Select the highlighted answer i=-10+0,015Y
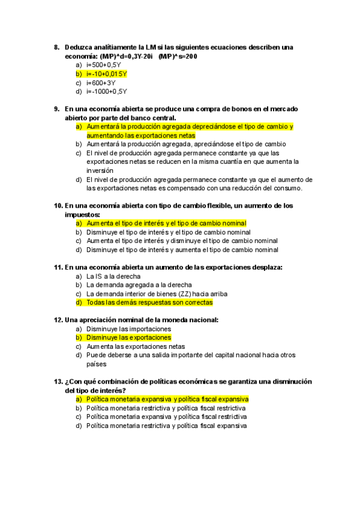(107, 74)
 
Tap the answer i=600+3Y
(101, 83)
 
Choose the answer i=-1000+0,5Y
(106, 91)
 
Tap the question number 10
(58, 205)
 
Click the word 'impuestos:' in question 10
(82, 214)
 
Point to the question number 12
(58, 320)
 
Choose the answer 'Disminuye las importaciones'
(128, 329)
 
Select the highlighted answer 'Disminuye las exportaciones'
(128, 338)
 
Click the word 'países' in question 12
(96, 364)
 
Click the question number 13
(58, 382)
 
